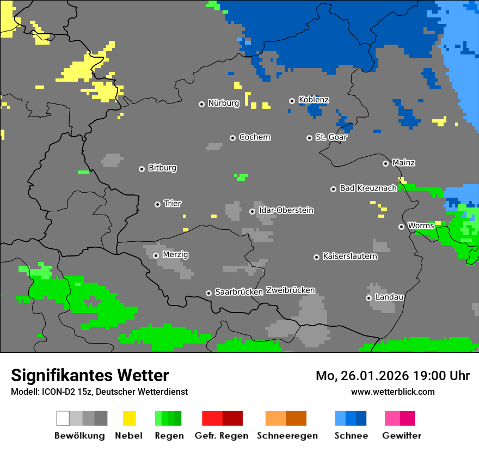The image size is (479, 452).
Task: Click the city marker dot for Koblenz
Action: click(292, 101)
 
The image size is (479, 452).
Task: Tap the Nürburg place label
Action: click(223, 103)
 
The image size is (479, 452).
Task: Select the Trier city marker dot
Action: click(157, 204)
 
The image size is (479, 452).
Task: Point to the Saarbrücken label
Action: click(238, 292)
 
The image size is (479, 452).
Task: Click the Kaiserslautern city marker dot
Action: click(316, 257)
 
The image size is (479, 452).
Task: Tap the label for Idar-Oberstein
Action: click(286, 210)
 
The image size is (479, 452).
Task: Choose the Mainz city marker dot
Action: click(385, 163)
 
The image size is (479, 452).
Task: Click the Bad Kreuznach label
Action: click(368, 188)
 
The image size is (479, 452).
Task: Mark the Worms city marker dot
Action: click(401, 227)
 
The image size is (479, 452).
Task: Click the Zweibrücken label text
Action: click(290, 290)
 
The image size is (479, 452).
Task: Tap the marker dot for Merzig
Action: click(156, 255)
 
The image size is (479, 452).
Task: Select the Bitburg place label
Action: click(162, 168)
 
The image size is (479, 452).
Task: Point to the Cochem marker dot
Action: click(232, 138)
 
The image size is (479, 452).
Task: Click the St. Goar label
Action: click(331, 137)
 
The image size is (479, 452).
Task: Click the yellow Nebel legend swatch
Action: click(129, 418)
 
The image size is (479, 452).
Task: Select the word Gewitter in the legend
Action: click(401, 436)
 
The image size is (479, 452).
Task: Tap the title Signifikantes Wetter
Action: click(90, 375)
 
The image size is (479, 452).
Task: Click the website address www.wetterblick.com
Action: click(392, 392)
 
